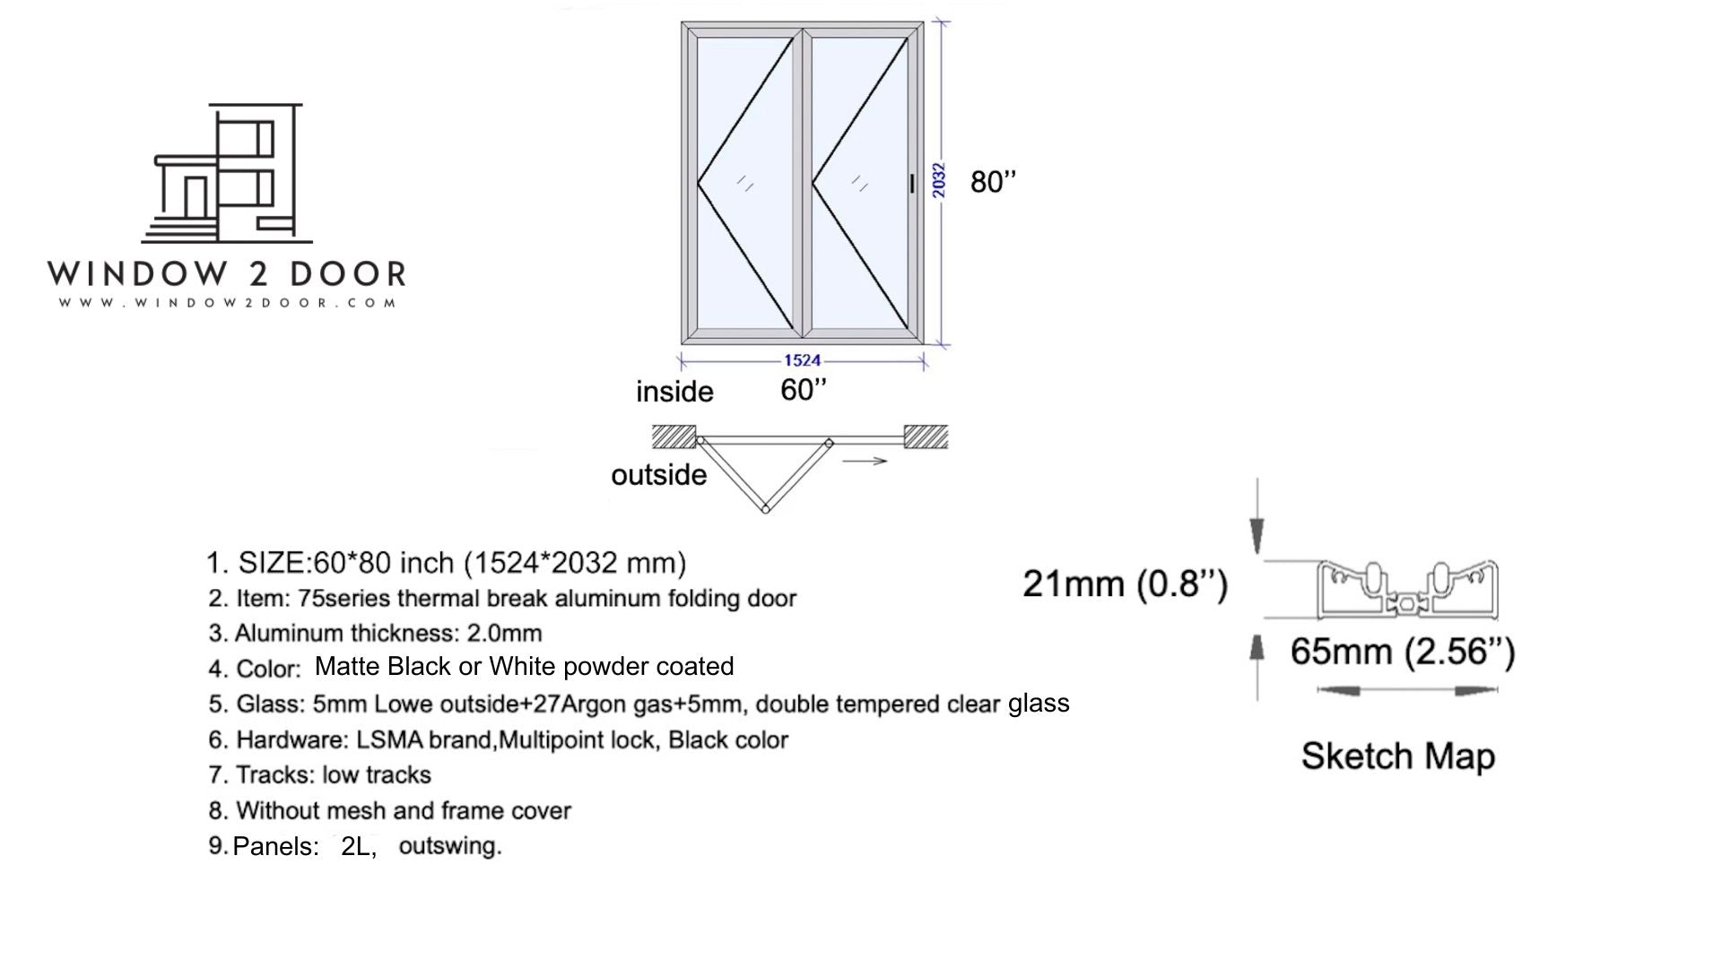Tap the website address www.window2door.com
click(x=228, y=303)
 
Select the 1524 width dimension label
click(x=802, y=360)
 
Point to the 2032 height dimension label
click(x=938, y=180)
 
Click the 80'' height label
click(x=993, y=182)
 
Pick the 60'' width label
click(x=803, y=390)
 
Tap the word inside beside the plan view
click(x=674, y=392)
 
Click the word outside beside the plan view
click(x=658, y=475)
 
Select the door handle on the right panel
click(x=912, y=184)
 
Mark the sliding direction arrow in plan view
click(x=865, y=461)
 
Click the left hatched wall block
click(x=674, y=436)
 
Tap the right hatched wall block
click(x=926, y=436)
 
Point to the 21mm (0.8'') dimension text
click(x=1125, y=584)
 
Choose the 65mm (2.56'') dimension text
click(x=1403, y=652)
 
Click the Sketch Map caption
click(x=1397, y=756)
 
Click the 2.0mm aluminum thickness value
click(x=504, y=634)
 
